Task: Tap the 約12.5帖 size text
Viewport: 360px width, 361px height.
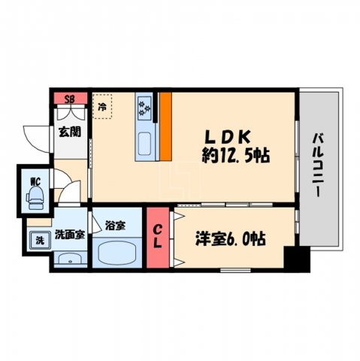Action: pos(235,156)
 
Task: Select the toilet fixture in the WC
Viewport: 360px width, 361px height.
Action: pos(35,197)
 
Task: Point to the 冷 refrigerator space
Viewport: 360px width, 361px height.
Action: pos(102,106)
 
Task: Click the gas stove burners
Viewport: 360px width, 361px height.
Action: pos(144,109)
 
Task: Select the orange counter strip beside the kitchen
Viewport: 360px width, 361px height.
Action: pos(165,126)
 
